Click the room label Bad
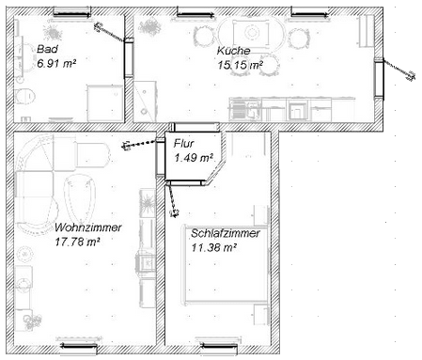tap(47, 49)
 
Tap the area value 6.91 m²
tap(56, 63)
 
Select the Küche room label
tap(233, 51)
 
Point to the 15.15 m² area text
tap(240, 65)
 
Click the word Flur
tap(184, 144)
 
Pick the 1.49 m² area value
tap(194, 158)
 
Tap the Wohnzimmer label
tap(88, 227)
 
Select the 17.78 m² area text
tap(77, 242)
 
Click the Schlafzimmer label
tap(226, 233)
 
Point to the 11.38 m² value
tap(213, 247)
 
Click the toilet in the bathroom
tap(24, 96)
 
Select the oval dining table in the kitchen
tap(252, 33)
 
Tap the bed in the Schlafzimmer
tap(226, 265)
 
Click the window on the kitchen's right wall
tap(379, 78)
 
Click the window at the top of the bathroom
tap(72, 13)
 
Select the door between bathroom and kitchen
tap(129, 58)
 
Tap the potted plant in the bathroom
tap(53, 32)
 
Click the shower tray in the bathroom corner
tap(105, 102)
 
